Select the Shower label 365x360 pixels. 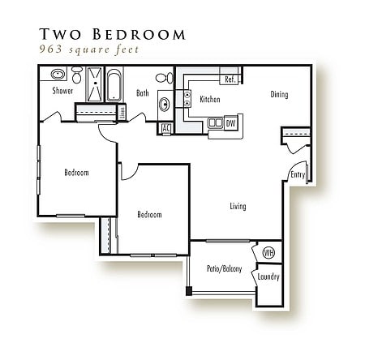point(62,91)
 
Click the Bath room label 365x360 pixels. point(143,93)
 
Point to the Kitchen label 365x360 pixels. point(210,99)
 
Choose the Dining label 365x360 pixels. point(279,94)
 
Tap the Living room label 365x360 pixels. point(238,206)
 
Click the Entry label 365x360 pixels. point(298,174)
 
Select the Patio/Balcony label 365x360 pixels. point(224,268)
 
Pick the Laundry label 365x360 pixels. point(268,276)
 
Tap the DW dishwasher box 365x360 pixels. point(231,122)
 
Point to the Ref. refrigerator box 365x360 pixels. point(230,79)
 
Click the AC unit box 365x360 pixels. point(165,128)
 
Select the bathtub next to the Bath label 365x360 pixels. point(114,85)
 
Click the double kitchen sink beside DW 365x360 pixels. point(215,122)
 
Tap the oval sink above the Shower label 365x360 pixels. point(58,74)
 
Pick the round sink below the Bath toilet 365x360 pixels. point(164,104)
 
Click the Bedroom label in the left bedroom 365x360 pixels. point(77,173)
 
